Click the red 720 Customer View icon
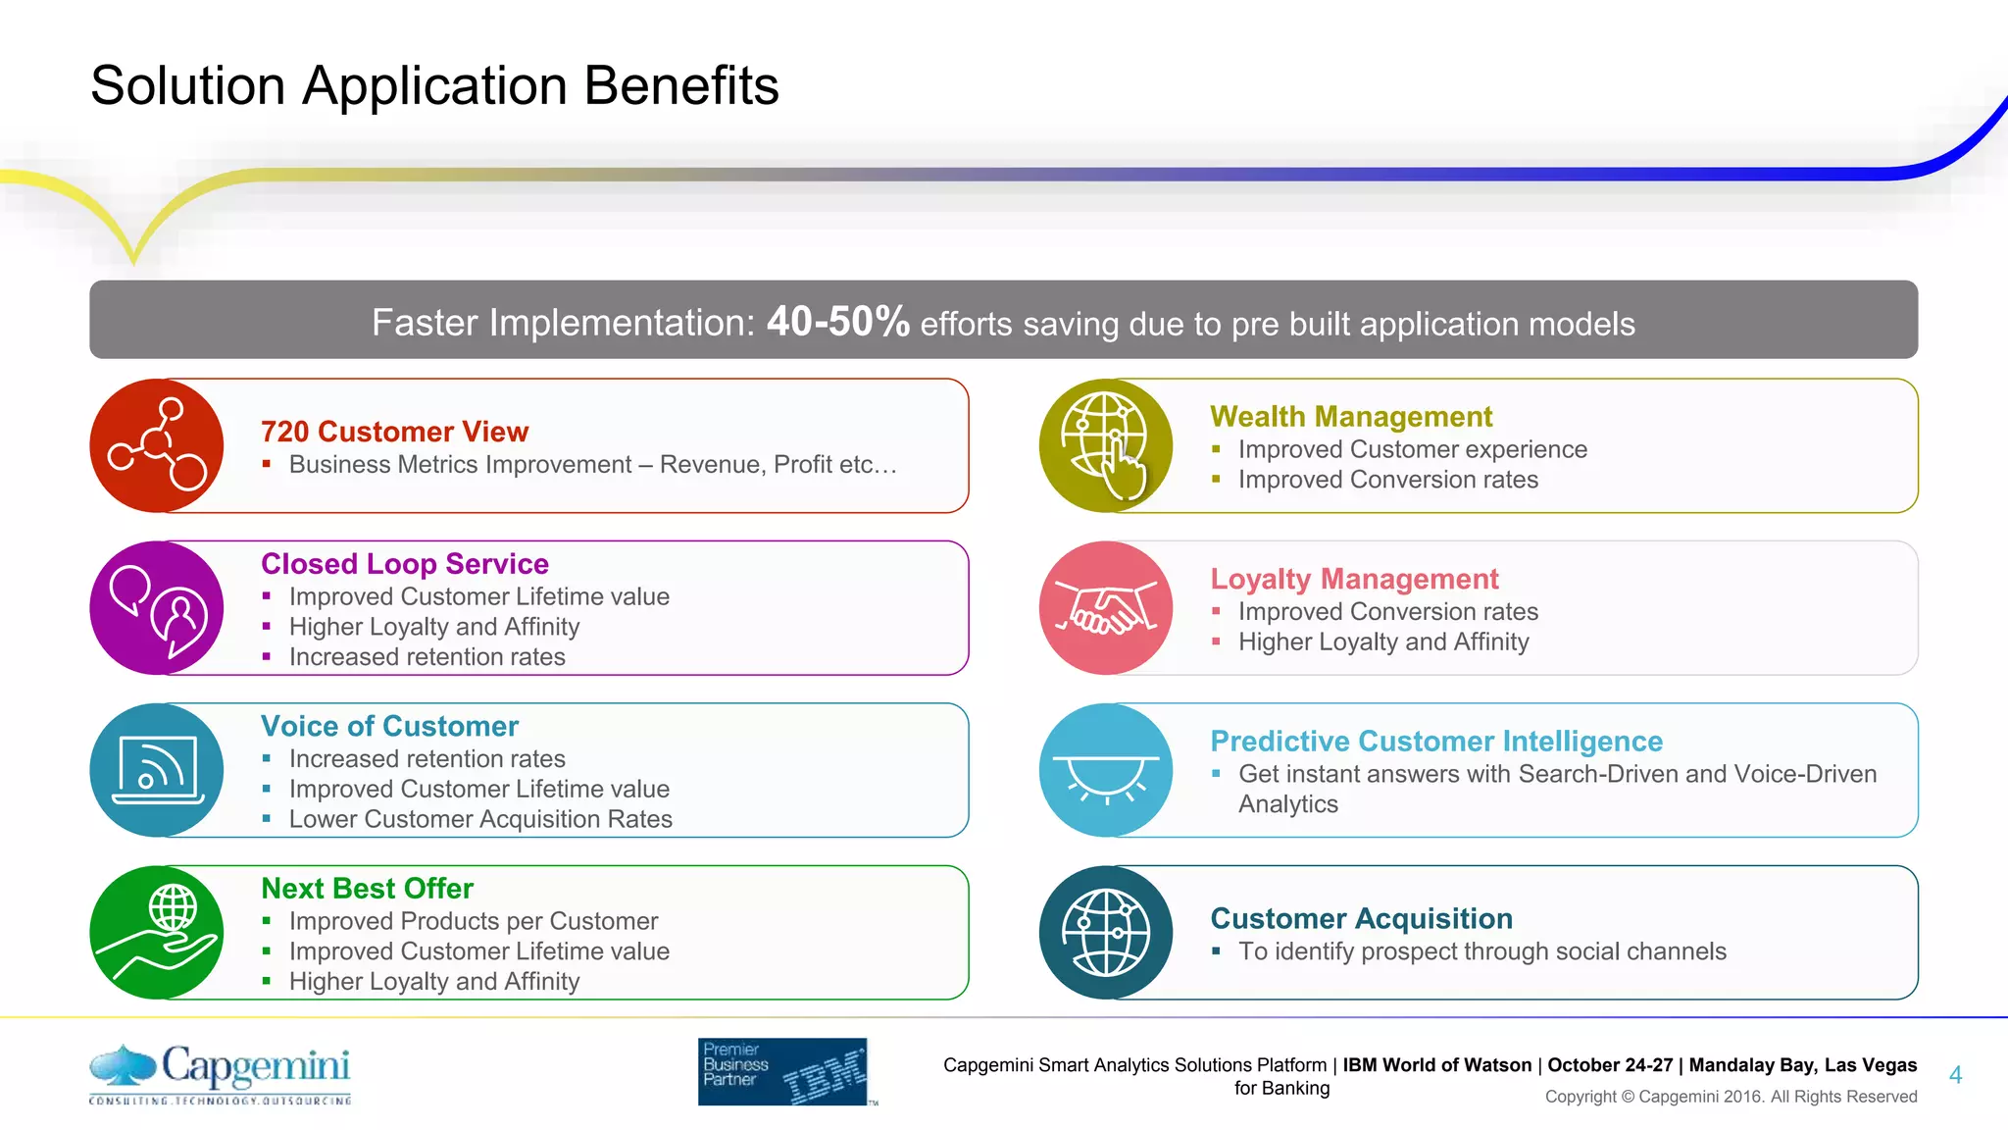coord(157,445)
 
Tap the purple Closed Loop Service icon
coord(157,608)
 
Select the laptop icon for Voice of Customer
coord(157,770)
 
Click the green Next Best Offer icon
coord(157,932)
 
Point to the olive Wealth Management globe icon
coord(1106,445)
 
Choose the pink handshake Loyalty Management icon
coord(1106,608)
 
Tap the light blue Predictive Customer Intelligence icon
coord(1106,770)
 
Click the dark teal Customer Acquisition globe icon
coord(1106,932)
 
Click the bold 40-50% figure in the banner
coord(838,321)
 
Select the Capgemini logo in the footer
coord(221,1072)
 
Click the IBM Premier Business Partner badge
coord(783,1071)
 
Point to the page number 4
coord(1955,1075)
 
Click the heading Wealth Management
coord(1351,417)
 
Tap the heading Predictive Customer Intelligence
coord(1436,742)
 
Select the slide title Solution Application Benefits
coord(434,85)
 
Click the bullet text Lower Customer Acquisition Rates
coord(480,819)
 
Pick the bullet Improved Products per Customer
coord(474,921)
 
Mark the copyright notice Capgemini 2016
coord(1731,1097)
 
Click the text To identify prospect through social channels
coord(1481,951)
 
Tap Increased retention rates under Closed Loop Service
coord(427,657)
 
